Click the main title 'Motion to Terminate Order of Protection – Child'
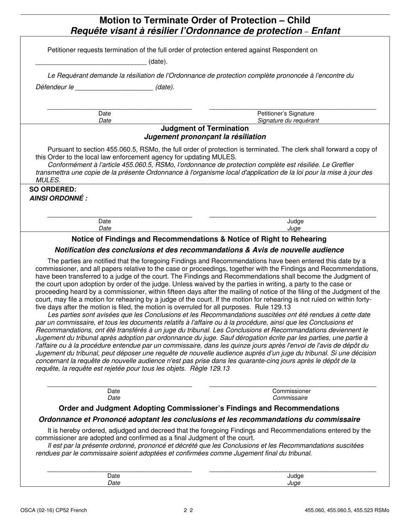point(204,20)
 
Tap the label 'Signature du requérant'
point(288,121)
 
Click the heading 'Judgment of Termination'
point(204,128)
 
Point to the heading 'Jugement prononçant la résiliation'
point(205,137)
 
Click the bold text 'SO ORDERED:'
point(53,189)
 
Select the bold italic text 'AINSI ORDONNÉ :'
point(58,199)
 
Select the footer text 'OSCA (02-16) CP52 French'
point(53,510)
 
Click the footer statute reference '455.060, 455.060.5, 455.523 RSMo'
point(347,510)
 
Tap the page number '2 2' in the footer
point(188,510)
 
